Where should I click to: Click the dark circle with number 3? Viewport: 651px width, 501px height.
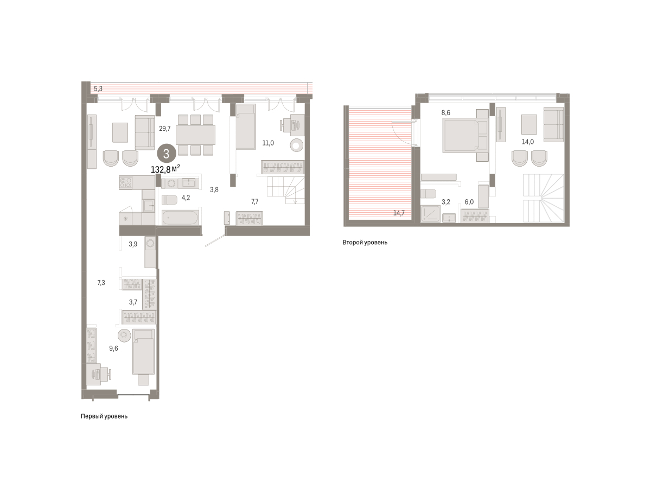(166, 154)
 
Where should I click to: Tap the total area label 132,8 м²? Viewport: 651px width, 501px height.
(165, 169)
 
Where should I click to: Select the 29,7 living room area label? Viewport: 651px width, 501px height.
(165, 129)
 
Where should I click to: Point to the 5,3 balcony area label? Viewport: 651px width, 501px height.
(98, 88)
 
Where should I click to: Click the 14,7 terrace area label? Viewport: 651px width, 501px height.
(399, 213)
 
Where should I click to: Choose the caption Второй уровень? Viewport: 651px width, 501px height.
(365, 243)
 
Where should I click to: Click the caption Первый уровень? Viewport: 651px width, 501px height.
(104, 416)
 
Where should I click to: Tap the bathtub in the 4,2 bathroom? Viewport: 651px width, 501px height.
(180, 218)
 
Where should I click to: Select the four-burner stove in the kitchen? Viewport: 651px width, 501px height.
(125, 182)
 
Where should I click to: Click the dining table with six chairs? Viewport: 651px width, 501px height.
(195, 135)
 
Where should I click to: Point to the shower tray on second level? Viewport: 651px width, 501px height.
(431, 213)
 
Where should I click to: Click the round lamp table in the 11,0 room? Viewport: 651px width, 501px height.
(296, 145)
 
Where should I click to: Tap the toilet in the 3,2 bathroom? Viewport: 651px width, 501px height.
(428, 194)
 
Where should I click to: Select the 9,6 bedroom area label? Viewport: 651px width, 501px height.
(113, 348)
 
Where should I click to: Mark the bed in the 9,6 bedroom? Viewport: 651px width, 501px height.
(144, 352)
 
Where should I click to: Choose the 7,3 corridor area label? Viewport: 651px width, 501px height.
(101, 283)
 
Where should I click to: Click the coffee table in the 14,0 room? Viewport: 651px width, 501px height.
(529, 124)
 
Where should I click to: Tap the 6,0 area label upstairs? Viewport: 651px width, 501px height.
(469, 202)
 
